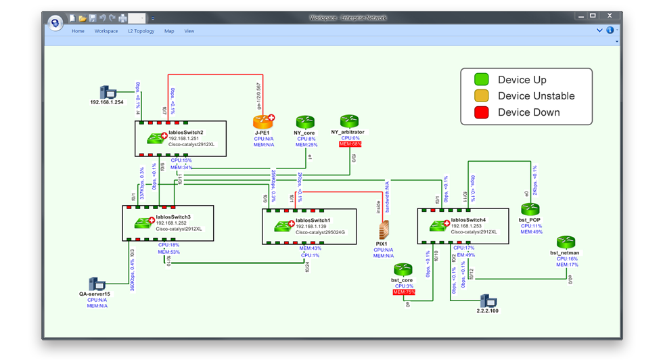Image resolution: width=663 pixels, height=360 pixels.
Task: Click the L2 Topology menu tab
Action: [x=141, y=31]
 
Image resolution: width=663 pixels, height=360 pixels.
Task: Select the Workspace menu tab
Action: [x=106, y=31]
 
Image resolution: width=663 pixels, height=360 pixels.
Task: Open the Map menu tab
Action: [x=169, y=31]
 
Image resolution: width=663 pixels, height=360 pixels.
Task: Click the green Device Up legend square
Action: [x=481, y=80]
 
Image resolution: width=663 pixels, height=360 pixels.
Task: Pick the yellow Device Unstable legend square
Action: [x=481, y=96]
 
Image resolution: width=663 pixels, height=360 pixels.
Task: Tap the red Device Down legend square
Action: [x=481, y=112]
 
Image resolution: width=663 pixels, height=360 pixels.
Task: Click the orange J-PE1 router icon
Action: [x=263, y=122]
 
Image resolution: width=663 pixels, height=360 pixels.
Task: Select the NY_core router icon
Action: [x=305, y=122]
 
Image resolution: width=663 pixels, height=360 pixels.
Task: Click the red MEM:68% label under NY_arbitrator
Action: [x=350, y=144]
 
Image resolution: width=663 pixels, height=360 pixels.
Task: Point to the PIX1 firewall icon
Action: [x=384, y=228]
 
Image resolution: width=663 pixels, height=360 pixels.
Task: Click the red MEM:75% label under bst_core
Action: [x=403, y=292]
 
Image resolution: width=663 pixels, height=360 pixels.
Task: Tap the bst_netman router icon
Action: [x=566, y=242]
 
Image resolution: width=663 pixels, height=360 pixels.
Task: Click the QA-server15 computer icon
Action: [x=97, y=284]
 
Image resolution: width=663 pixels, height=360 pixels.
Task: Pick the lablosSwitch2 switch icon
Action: [x=157, y=138]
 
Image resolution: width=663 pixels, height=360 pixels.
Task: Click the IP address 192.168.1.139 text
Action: [x=313, y=226]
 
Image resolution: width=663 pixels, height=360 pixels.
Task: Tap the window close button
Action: [x=608, y=16]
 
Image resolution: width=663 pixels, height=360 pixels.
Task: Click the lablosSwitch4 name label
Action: [x=468, y=219]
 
